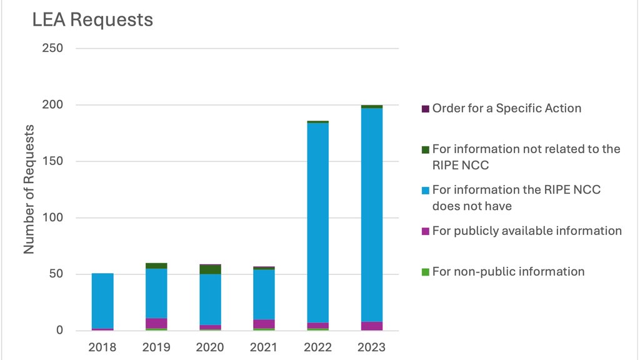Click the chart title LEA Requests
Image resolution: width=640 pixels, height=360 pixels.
tap(92, 19)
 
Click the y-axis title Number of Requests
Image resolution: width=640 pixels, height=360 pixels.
tap(29, 189)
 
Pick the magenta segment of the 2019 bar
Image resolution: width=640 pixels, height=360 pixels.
tap(156, 323)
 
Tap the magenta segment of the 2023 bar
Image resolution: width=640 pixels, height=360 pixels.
tap(372, 326)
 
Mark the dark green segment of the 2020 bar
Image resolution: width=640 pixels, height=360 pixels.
tap(210, 269)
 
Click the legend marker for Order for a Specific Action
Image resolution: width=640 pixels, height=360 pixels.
tap(426, 109)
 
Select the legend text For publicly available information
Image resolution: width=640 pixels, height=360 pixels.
tap(527, 231)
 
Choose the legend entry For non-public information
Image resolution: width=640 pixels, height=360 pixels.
tap(508, 271)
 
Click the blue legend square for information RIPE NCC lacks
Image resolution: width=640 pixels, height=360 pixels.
tap(426, 190)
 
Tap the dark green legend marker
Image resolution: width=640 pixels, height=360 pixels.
tap(426, 149)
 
